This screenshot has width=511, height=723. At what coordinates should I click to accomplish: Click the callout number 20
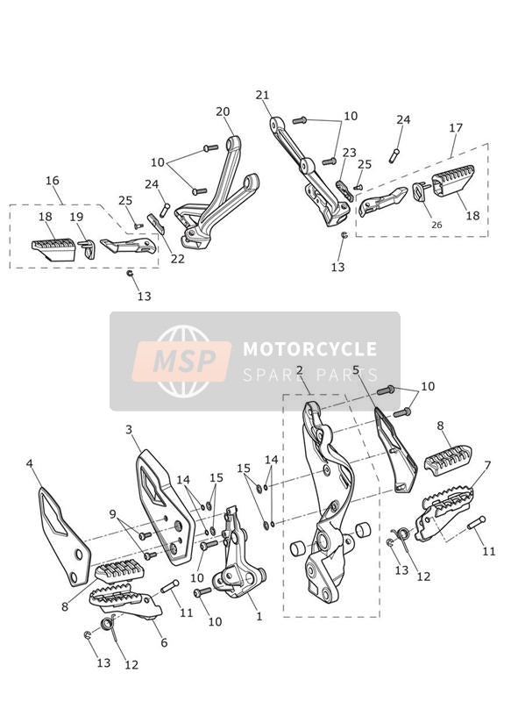tap(223, 111)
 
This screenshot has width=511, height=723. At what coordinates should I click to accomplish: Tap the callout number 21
tap(263, 95)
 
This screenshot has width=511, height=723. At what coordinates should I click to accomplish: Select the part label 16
tap(53, 180)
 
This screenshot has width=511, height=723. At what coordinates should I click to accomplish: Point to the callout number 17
tap(456, 127)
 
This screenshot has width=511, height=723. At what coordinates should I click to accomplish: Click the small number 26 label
tap(436, 225)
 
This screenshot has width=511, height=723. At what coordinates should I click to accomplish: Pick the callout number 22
tap(177, 259)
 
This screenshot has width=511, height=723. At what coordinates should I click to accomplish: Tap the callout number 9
tap(113, 513)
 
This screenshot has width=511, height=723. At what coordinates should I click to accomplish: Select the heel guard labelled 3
tap(164, 507)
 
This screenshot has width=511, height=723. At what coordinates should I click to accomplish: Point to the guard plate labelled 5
tap(395, 449)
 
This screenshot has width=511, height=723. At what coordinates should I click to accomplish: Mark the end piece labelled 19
tap(89, 249)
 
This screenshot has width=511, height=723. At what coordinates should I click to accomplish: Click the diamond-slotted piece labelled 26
tap(420, 192)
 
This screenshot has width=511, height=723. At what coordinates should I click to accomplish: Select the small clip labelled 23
tap(345, 190)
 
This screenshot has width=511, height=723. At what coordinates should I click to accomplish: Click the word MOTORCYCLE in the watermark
tap(309, 348)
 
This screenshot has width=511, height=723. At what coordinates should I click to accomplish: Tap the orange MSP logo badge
tap(181, 361)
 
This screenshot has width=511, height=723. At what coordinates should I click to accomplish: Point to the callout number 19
tap(76, 217)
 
